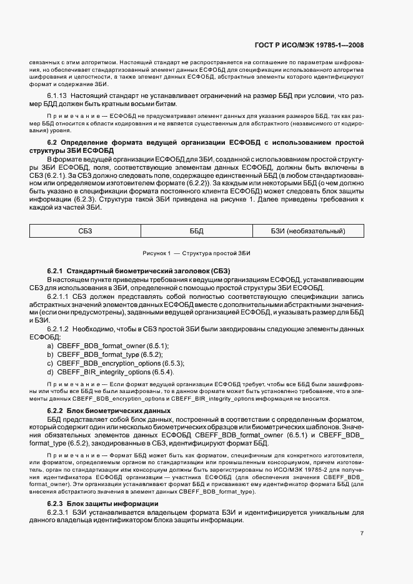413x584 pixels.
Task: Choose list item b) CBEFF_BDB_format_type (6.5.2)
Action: click(106, 354)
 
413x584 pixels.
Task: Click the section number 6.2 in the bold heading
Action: click(52, 143)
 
